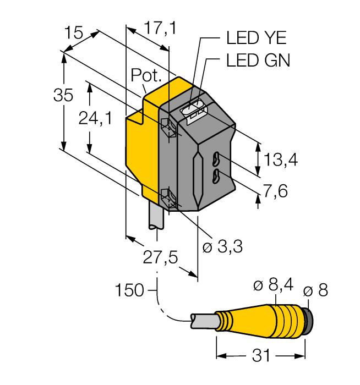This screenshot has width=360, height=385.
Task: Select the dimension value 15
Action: pyautogui.click(x=73, y=33)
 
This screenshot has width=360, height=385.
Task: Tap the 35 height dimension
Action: pyautogui.click(x=63, y=95)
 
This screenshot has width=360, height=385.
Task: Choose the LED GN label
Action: pyautogui.click(x=258, y=60)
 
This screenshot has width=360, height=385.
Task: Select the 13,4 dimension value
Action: pyautogui.click(x=281, y=159)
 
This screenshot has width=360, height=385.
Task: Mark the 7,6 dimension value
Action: pyautogui.click(x=275, y=191)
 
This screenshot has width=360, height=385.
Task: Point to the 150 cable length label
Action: pyautogui.click(x=129, y=289)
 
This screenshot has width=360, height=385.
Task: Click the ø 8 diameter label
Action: pyautogui.click(x=315, y=290)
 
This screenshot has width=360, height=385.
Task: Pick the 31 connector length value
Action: pyautogui.click(x=261, y=356)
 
